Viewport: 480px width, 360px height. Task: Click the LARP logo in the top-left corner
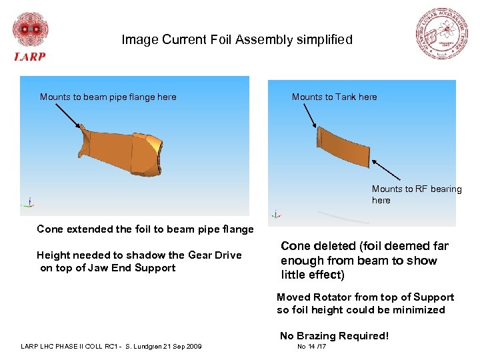click(30, 36)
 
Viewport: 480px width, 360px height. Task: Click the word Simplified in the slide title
click(325, 40)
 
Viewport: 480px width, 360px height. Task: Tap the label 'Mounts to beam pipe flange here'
click(108, 97)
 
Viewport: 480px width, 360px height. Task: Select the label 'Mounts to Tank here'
click(334, 97)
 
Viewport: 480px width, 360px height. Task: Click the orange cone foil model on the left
click(123, 151)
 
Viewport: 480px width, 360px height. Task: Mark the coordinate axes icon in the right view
click(277, 214)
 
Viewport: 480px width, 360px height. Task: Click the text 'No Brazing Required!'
click(334, 336)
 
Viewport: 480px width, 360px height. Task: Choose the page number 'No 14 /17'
click(311, 347)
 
